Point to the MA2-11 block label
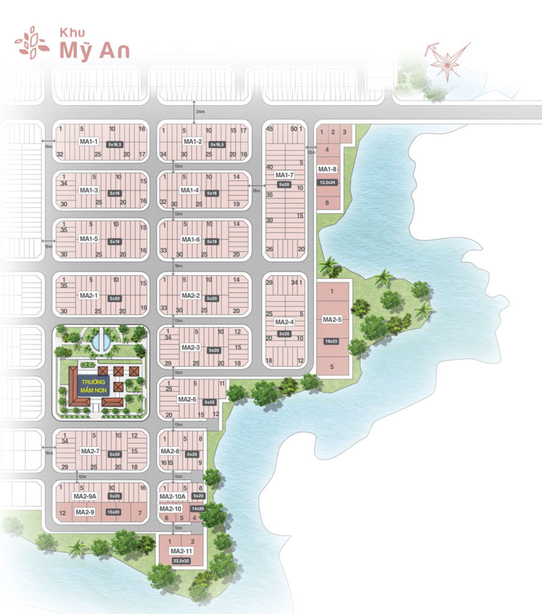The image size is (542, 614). click(180, 551)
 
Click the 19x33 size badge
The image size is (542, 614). click(332, 341)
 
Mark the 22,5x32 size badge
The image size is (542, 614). click(180, 561)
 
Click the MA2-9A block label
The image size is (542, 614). click(85, 496)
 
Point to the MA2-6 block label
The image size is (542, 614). click(188, 399)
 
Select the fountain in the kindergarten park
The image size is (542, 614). click(101, 342)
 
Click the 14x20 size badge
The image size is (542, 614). click(197, 508)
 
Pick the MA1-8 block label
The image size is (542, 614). click(328, 169)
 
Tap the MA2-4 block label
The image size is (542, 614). click(284, 321)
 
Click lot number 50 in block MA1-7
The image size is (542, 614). click(293, 129)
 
